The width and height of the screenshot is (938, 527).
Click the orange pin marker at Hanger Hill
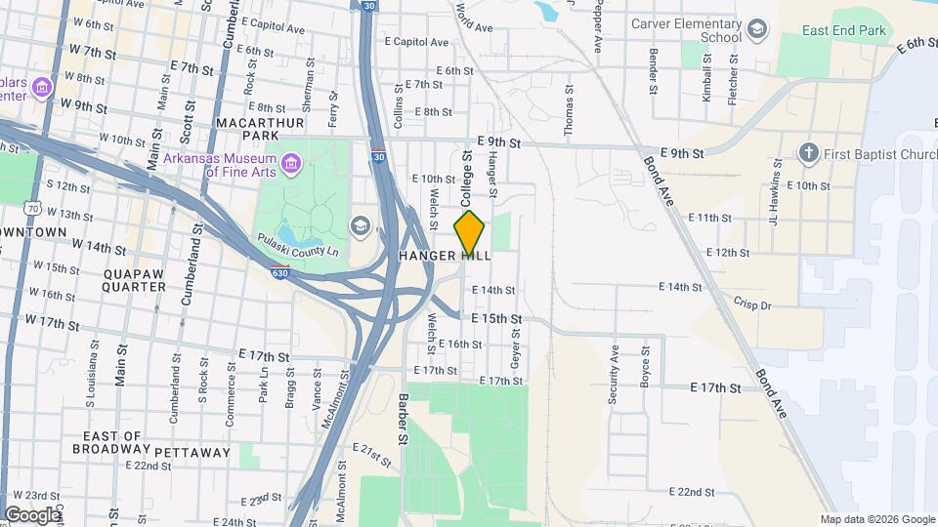(x=470, y=232)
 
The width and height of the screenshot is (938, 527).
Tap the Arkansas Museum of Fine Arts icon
(x=289, y=162)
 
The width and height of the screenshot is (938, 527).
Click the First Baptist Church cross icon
(x=807, y=152)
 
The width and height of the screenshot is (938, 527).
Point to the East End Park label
(x=844, y=31)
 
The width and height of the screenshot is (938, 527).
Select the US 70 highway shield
(x=34, y=208)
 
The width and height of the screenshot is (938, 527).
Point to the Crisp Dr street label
(x=752, y=305)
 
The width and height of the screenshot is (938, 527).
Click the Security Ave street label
(x=616, y=367)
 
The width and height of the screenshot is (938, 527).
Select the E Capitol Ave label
(x=416, y=42)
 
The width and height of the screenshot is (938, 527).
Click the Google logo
(x=31, y=515)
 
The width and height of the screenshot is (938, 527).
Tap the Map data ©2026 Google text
(x=877, y=519)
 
